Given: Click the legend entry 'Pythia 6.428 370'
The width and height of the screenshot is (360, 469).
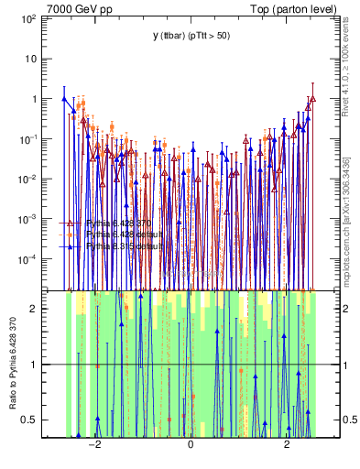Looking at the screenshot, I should (119, 223).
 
